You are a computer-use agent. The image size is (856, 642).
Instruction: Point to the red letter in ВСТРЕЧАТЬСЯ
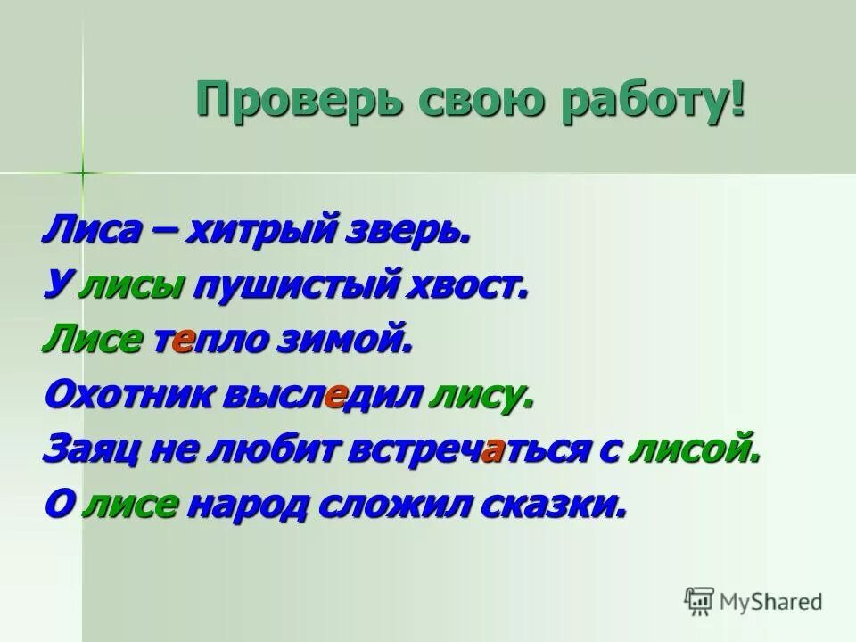click(x=490, y=451)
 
